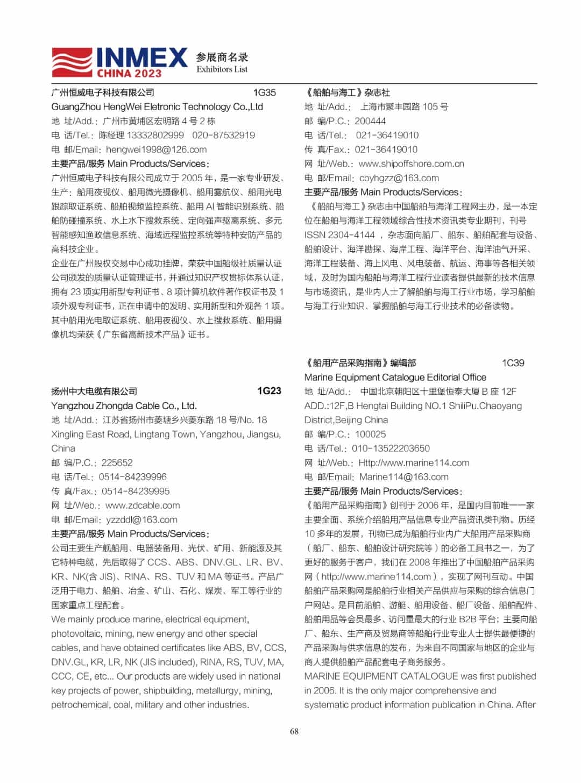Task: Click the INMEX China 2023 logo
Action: (119, 63)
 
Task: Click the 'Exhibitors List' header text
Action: (222, 69)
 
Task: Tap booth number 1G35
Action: (264, 92)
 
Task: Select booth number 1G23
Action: (269, 391)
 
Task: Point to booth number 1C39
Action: (513, 363)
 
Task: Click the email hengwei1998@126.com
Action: (156, 150)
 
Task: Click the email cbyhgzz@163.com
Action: (399, 178)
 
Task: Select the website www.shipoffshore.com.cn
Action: (411, 163)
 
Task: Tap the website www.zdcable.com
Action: (143, 506)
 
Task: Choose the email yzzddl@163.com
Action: (141, 519)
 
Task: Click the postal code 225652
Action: (117, 462)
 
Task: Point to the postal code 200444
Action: (370, 121)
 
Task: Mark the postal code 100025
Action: (370, 434)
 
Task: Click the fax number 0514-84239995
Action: (136, 491)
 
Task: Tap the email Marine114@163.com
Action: (403, 477)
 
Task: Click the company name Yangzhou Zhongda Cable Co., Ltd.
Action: (124, 405)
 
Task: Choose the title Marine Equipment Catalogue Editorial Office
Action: (395, 378)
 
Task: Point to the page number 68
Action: (294, 731)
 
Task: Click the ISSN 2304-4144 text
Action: (339, 235)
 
